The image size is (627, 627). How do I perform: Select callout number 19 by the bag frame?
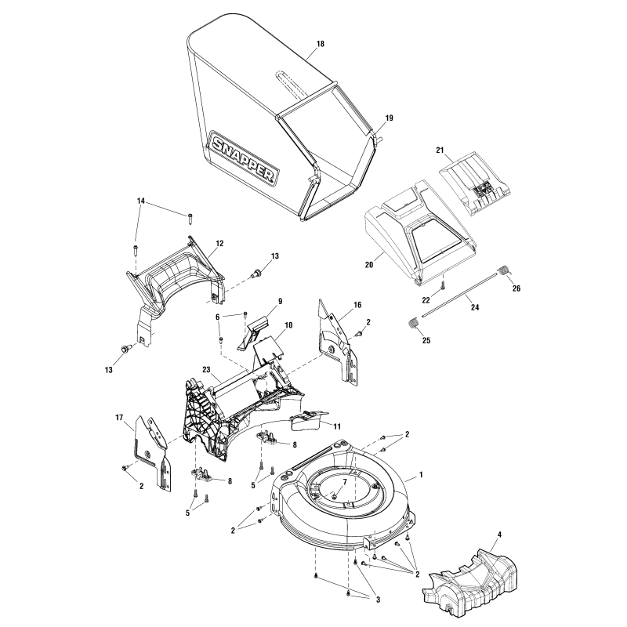coord(389,118)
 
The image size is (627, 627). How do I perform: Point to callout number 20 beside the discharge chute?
coord(370,265)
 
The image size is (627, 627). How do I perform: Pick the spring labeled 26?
coord(506,271)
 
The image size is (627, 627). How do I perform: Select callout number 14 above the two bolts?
coord(141,201)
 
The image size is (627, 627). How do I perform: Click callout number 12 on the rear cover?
coord(219,243)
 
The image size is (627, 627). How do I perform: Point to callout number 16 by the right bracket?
coord(357,304)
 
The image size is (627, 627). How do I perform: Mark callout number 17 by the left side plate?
coord(120,418)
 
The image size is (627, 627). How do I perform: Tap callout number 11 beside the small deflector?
coord(337,425)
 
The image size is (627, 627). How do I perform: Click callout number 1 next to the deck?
coord(421,475)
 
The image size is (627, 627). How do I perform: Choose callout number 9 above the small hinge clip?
coord(280,300)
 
